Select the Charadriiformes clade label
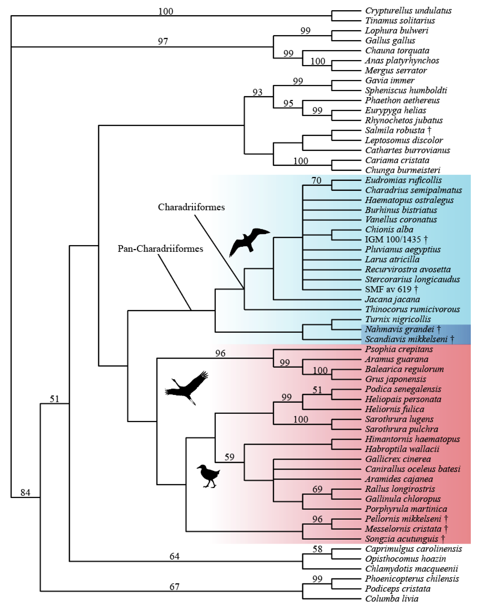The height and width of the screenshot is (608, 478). [191, 207]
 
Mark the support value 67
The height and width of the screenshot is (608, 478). [174, 586]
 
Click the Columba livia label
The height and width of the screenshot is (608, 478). [392, 599]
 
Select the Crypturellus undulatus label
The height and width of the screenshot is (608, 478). [408, 11]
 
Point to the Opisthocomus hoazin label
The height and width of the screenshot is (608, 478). [405, 559]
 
